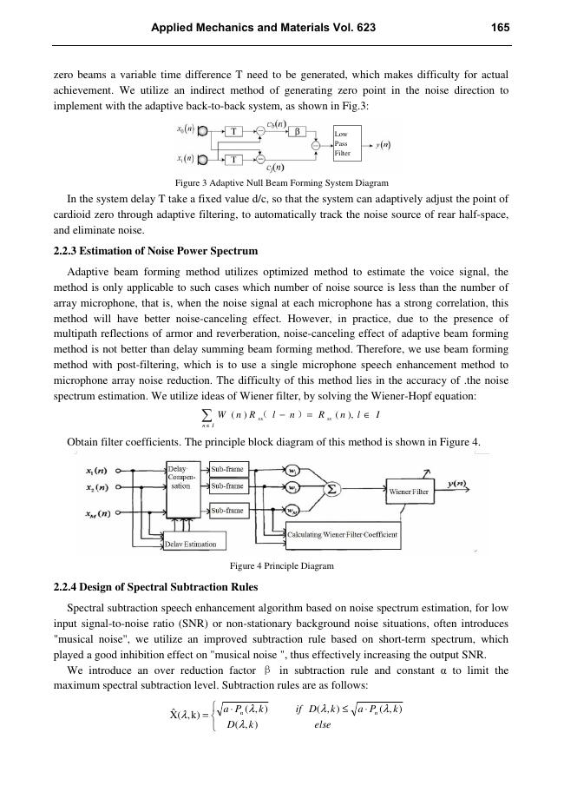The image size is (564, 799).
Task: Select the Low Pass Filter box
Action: click(x=345, y=144)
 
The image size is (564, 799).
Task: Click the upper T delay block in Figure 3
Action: click(x=234, y=133)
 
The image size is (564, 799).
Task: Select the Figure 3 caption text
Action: click(x=282, y=183)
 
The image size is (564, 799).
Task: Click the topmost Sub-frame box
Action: click(x=227, y=469)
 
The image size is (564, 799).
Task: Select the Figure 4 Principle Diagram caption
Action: click(x=282, y=565)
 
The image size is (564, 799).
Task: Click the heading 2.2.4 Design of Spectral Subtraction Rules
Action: click(x=155, y=588)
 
